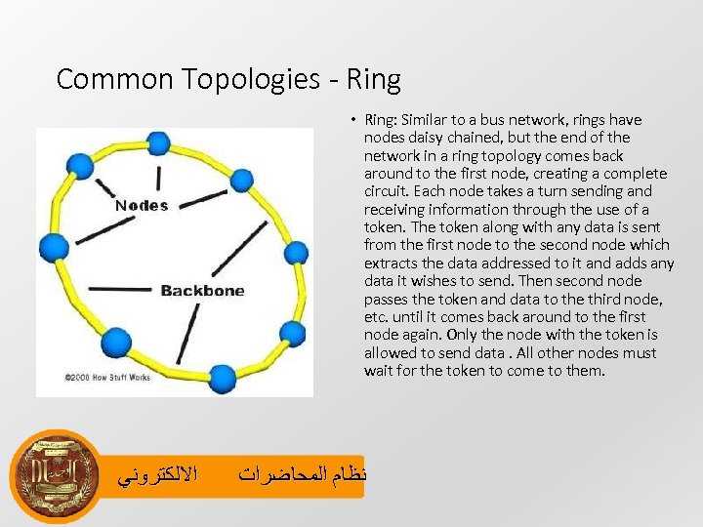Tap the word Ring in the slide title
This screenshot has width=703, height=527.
click(x=374, y=79)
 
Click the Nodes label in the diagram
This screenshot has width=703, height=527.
click(x=142, y=205)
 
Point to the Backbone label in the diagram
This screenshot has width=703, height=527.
click(x=202, y=290)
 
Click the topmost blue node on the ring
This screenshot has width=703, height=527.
click(x=156, y=142)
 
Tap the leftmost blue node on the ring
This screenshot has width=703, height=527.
click(x=54, y=246)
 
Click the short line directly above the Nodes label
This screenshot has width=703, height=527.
click(x=158, y=178)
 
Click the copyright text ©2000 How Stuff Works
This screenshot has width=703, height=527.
click(x=107, y=377)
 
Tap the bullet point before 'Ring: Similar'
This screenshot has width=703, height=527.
click(x=348, y=120)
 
